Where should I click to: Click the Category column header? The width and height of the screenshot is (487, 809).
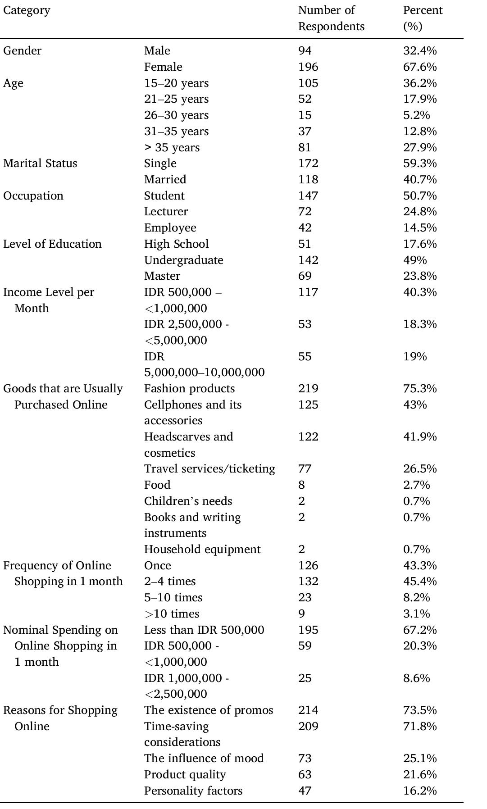click(x=27, y=10)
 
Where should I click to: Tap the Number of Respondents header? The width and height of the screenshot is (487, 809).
click(x=331, y=18)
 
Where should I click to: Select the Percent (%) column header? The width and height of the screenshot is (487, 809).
click(x=423, y=18)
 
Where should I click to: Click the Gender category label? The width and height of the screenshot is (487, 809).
click(x=22, y=51)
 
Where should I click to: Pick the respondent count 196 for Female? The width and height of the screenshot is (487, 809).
click(x=308, y=67)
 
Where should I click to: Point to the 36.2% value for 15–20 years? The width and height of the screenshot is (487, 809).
click(x=419, y=83)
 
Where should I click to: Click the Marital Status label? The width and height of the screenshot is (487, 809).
click(x=40, y=164)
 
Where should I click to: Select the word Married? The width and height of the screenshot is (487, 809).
click(x=165, y=180)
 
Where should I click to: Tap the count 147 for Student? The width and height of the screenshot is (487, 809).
click(x=308, y=196)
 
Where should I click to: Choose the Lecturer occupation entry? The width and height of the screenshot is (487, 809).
click(x=166, y=212)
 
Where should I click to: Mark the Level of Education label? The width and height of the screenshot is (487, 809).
click(x=52, y=244)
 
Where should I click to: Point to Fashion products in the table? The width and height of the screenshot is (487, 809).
click(x=189, y=389)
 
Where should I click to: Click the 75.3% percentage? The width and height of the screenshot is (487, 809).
click(x=419, y=389)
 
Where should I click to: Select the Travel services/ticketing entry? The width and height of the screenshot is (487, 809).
click(x=209, y=469)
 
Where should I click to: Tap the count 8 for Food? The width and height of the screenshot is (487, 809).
click(x=301, y=485)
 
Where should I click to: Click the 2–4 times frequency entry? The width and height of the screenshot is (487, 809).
click(x=170, y=582)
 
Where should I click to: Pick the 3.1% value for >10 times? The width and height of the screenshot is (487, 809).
click(x=416, y=614)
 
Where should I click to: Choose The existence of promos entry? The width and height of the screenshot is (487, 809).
click(x=209, y=710)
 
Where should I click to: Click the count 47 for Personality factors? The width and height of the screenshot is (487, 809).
click(x=305, y=791)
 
